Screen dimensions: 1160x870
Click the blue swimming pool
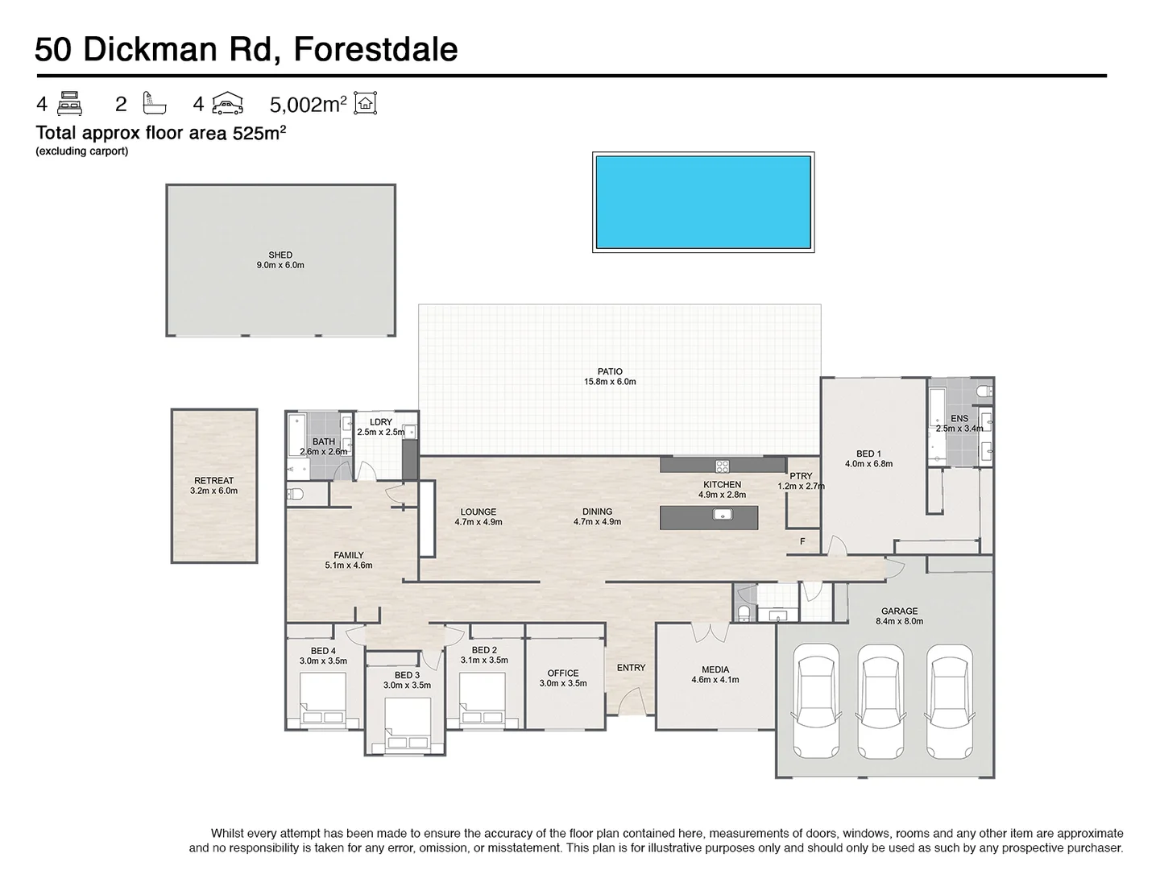coord(702,201)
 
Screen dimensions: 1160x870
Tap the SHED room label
coord(280,255)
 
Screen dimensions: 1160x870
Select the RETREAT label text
coord(214,481)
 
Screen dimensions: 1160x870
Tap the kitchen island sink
coord(722,515)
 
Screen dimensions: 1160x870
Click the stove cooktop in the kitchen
coord(722,465)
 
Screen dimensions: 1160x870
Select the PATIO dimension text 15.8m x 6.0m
coord(610,382)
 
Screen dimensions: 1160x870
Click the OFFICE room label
coord(563,673)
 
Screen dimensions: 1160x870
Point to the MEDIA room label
coord(715,669)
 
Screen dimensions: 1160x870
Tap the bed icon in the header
coord(70,104)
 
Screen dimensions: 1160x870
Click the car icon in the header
coord(227,104)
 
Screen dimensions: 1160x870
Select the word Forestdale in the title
coord(375,49)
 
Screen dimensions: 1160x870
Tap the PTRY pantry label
coord(801,476)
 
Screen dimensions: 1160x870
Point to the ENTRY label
coord(632,668)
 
